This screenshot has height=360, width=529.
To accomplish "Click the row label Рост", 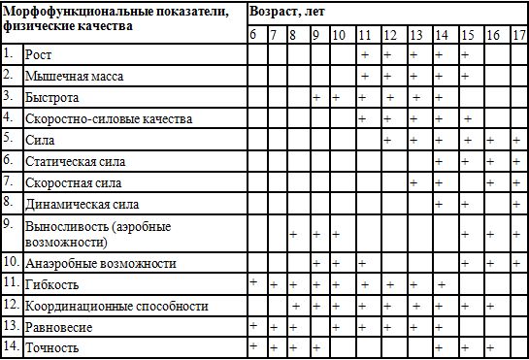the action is [x=40, y=55].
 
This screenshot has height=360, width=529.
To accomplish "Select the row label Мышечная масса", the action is [x=73, y=76].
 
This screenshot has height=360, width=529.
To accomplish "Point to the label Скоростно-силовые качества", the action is [x=109, y=119].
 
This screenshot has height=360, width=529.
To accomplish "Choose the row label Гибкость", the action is [x=53, y=285].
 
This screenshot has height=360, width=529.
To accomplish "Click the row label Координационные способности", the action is [x=117, y=307].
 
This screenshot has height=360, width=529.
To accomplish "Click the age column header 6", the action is [x=253, y=35].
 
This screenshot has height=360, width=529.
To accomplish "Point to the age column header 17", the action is [x=517, y=35].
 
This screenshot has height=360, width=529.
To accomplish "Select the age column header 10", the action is [x=337, y=35].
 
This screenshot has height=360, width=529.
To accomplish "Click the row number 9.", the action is [x=8, y=224].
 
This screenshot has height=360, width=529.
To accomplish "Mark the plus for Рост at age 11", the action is [x=365, y=54].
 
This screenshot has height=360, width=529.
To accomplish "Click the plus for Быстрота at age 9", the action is [x=316, y=98].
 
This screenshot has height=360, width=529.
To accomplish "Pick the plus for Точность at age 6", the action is [x=253, y=344].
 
